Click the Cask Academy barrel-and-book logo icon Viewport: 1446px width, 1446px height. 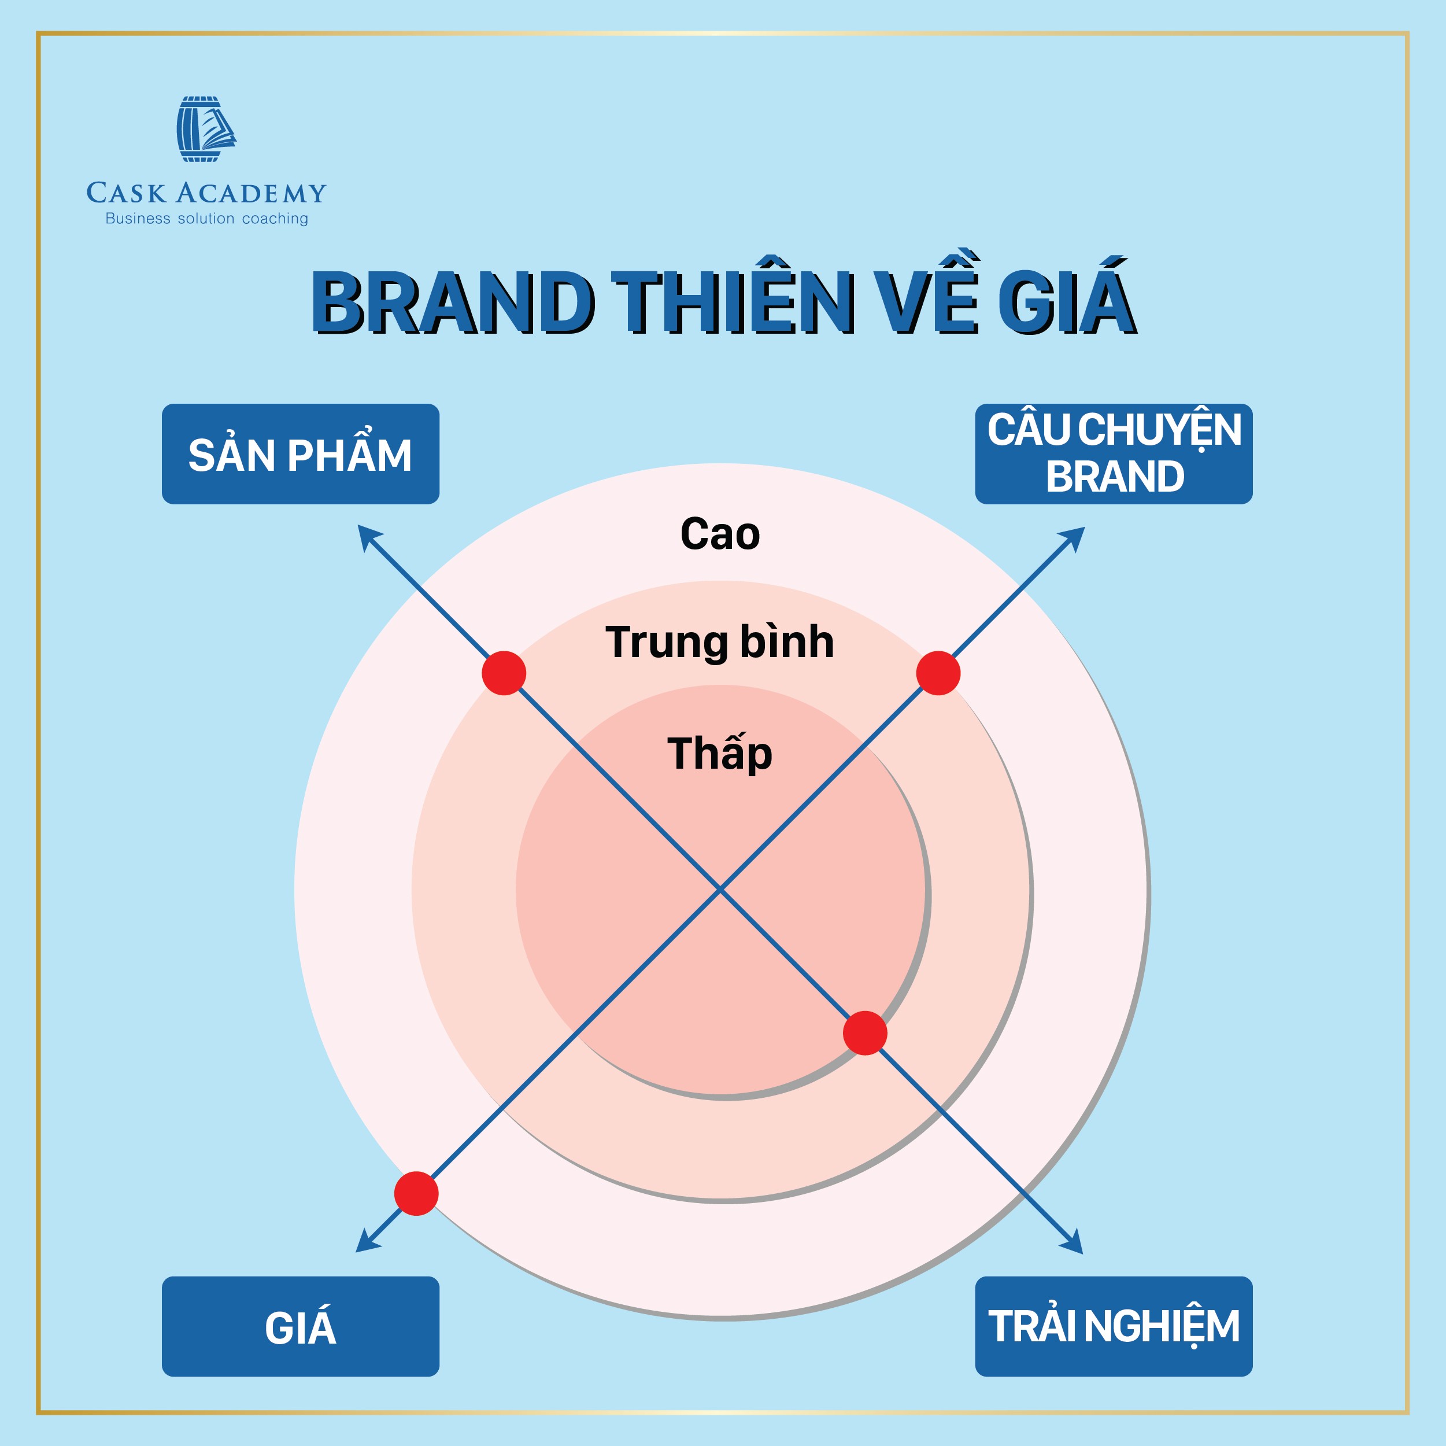pos(206,129)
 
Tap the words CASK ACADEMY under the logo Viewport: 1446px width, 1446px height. pos(206,193)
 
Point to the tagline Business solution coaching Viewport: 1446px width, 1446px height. pos(206,219)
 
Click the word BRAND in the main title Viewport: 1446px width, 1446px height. pos(453,303)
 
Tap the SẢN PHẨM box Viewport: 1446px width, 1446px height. pos(300,454)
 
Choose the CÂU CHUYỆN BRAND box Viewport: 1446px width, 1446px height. pos(1114,454)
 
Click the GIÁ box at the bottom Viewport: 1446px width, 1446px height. pos(300,1326)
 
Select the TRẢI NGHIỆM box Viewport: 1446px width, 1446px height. pos(1114,1326)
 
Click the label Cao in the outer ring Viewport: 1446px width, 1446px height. pos(720,534)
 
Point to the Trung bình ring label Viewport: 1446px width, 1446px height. pos(720,643)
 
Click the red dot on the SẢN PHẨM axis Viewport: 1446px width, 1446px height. pos(504,673)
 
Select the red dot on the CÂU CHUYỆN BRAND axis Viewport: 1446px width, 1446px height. pos(938,673)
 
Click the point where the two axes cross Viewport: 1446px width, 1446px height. pos(720,890)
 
